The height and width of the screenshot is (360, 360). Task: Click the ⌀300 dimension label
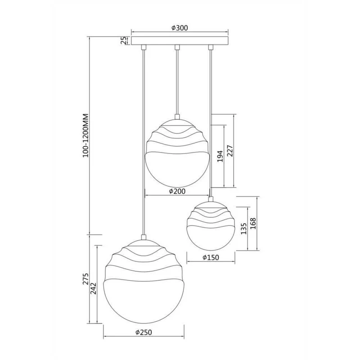point(180,28)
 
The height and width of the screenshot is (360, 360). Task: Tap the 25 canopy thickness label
point(124,40)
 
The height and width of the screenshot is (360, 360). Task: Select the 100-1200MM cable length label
point(85,135)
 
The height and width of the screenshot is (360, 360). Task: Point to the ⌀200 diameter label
point(177,191)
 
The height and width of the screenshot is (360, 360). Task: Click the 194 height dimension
point(220,156)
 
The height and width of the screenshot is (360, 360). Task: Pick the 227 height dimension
point(230,151)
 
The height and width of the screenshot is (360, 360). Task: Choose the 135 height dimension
point(244,229)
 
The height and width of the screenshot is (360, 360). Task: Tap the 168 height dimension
point(253,223)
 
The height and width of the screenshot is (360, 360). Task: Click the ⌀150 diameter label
point(211,257)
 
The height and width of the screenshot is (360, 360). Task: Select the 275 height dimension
point(85,279)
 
